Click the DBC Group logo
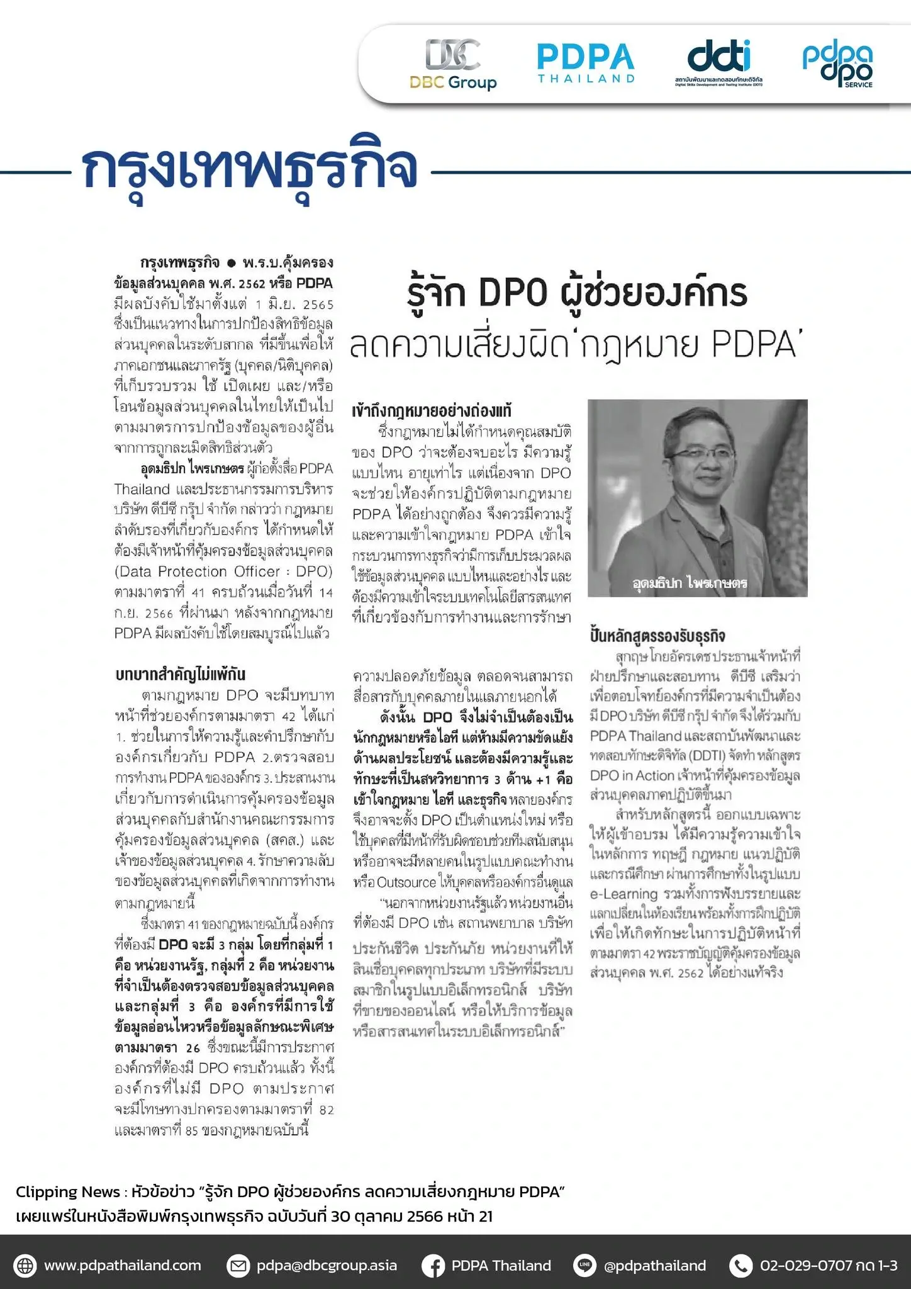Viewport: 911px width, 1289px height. point(453,64)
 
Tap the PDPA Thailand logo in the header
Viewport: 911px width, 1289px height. point(586,63)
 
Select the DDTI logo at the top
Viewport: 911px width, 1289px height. point(718,64)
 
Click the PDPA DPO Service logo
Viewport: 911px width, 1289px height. point(837,65)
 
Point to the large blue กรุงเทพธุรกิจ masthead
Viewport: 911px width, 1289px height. point(250,168)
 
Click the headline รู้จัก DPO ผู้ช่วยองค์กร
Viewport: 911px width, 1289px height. point(578,293)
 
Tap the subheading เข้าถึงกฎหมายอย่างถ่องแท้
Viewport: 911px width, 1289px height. point(432,411)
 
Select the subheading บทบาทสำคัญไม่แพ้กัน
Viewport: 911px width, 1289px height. point(180,674)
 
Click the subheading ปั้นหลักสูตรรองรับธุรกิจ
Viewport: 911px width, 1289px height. point(658,636)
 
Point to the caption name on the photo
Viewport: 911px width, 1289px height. point(690,583)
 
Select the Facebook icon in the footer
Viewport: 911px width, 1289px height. point(433,1266)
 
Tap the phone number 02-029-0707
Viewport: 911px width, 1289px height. point(805,1266)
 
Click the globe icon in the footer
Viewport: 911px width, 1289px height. point(25,1266)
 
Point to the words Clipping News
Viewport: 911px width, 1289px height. point(68,1191)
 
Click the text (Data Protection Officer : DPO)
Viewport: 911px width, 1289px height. point(223,571)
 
